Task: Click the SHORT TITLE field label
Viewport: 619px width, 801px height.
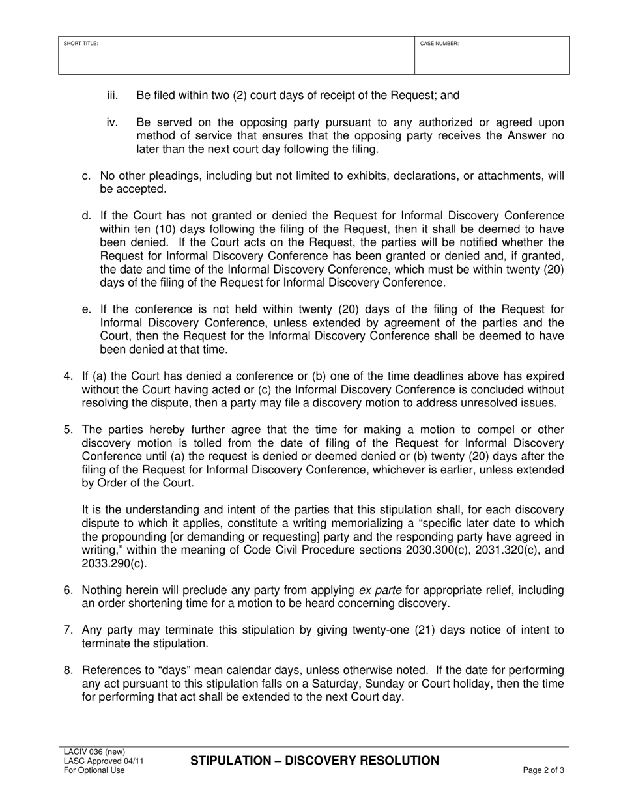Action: pyautogui.click(x=81, y=44)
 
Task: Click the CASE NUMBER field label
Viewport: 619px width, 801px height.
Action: pyautogui.click(x=439, y=44)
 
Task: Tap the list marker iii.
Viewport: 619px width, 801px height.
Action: pyautogui.click(x=113, y=96)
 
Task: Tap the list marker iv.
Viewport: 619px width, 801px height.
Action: pyautogui.click(x=112, y=122)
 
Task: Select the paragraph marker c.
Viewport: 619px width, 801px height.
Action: pyautogui.click(x=86, y=175)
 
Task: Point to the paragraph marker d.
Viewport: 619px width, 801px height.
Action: pyautogui.click(x=86, y=216)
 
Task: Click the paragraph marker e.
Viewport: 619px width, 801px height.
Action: pyautogui.click(x=86, y=309)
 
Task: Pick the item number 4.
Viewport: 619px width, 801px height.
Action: pyautogui.click(x=68, y=376)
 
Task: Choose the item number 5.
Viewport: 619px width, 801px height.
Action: pyautogui.click(x=68, y=429)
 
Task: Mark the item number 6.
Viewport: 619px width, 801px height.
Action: pyautogui.click(x=68, y=590)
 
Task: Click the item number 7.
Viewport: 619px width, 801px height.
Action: pyautogui.click(x=68, y=630)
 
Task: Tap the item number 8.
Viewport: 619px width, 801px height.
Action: pyautogui.click(x=68, y=670)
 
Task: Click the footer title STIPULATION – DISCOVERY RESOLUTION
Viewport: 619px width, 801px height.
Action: pyautogui.click(x=315, y=761)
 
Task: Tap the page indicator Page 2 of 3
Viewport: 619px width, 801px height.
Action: pyautogui.click(x=543, y=770)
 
